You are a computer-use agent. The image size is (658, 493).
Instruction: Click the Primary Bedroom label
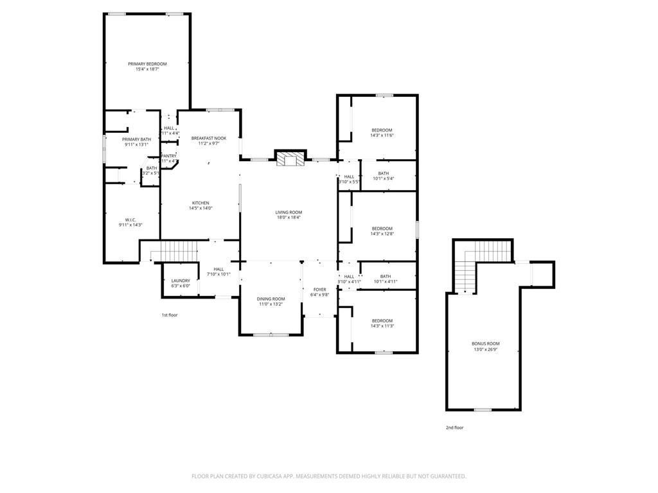pyautogui.click(x=147, y=64)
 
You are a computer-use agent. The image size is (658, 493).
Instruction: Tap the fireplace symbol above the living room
pyautogui.click(x=289, y=159)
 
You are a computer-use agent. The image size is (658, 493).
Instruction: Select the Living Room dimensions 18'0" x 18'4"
pyautogui.click(x=289, y=218)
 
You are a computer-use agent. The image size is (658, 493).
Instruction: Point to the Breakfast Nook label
pyautogui.click(x=209, y=138)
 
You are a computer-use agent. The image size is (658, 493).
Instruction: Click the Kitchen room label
pyautogui.click(x=200, y=203)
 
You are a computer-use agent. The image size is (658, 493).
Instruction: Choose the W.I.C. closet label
pyautogui.click(x=130, y=220)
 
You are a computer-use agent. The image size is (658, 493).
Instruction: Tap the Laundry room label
pyautogui.click(x=181, y=281)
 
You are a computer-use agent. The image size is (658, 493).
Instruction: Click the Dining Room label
pyautogui.click(x=271, y=298)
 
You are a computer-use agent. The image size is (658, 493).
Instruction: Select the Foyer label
pyautogui.click(x=319, y=290)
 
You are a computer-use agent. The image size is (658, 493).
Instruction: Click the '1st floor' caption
pyautogui.click(x=170, y=315)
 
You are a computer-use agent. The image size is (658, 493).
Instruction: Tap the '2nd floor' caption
pyautogui.click(x=454, y=427)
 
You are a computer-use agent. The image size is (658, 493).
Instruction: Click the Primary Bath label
pyautogui.click(x=136, y=139)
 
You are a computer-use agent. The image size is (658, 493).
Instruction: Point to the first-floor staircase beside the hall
pyautogui.click(x=177, y=250)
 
